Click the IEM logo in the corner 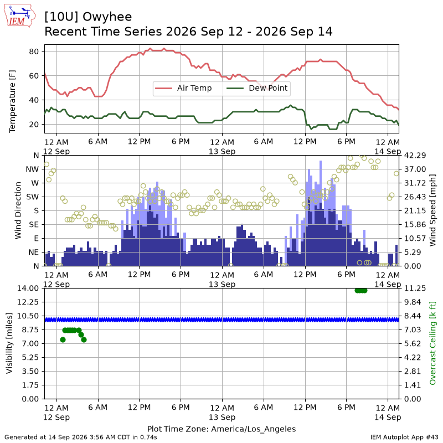pos(19,16)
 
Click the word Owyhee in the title pos(107,17)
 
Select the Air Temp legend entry pos(183,88)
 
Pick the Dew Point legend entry pos(257,88)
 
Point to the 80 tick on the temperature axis pos(34,51)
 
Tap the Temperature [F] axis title pos(12,101)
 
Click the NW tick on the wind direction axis pos(32,169)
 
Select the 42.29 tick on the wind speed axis pos(415,156)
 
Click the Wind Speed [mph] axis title pos(432,210)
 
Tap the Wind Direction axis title pos(18,210)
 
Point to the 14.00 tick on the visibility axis pos(28,288)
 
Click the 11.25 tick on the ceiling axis pos(415,288)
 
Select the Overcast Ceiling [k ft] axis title pos(432,343)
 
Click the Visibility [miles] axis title pos(9,343)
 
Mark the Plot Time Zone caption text pos(221,429)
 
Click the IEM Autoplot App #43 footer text pos(404,437)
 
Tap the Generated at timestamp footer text pos(81,437)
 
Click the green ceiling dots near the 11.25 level pos(361,290)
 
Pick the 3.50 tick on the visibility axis pos(30,371)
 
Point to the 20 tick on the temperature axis pos(34,124)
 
